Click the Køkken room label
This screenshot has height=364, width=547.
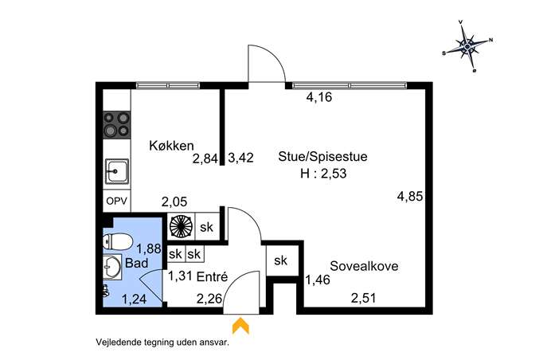171,146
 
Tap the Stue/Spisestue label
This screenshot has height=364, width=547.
322,156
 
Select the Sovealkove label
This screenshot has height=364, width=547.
364,266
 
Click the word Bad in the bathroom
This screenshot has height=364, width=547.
136,263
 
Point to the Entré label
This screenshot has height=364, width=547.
212,276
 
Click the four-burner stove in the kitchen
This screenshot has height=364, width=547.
117,124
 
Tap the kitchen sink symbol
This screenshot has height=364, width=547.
117,171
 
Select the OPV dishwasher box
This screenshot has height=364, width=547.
117,201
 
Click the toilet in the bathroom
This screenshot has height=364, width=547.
118,242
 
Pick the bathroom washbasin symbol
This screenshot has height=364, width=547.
112,268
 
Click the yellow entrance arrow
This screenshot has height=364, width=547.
240,325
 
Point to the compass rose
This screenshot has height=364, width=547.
467,45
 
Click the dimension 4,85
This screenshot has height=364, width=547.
410,196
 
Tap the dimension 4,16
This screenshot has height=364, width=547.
319,97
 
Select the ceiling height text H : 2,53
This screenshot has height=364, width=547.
323,174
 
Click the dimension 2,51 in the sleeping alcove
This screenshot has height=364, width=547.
364,298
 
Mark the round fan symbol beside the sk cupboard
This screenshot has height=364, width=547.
181,226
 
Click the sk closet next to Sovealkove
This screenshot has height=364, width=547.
280,260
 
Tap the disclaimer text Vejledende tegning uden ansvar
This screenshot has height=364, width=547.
162,342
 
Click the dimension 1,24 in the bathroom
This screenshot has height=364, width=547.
134,299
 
